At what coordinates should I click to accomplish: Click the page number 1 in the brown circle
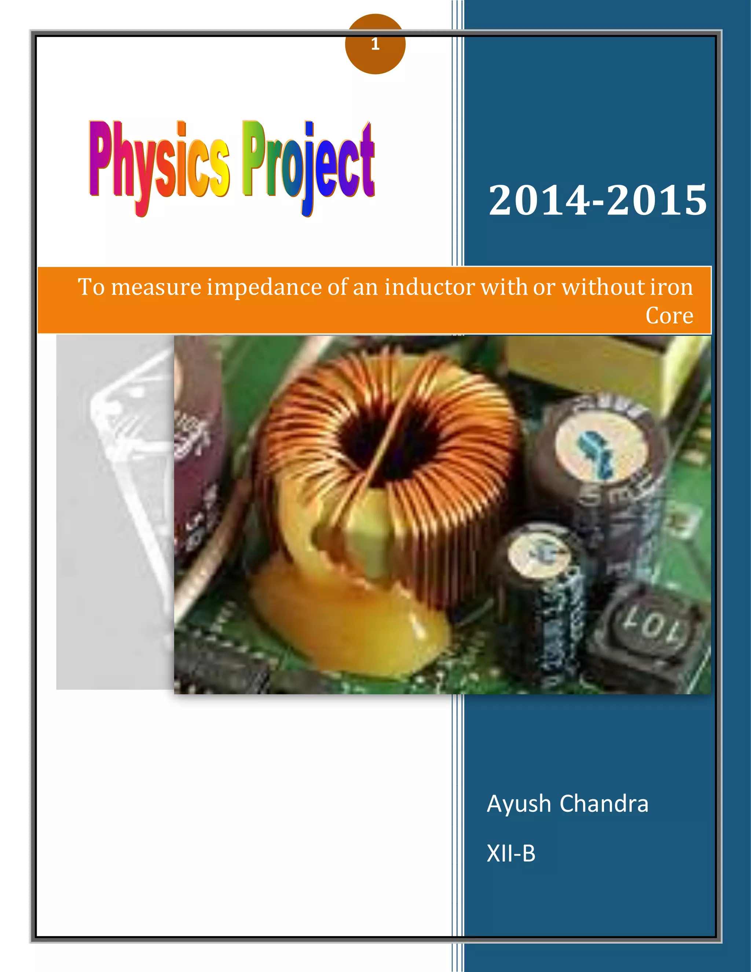pyautogui.click(x=375, y=44)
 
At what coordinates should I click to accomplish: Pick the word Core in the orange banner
pyautogui.click(x=669, y=315)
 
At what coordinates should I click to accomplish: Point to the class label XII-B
pyautogui.click(x=511, y=854)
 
